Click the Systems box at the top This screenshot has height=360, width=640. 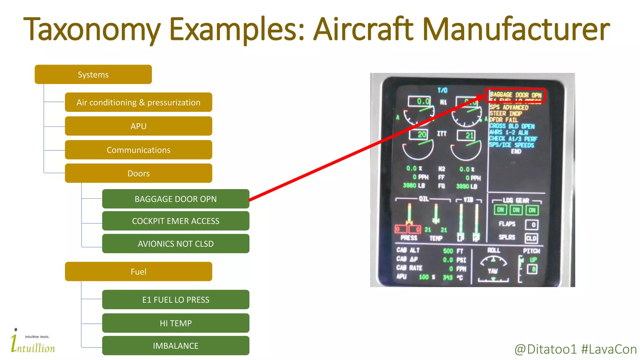(93, 74)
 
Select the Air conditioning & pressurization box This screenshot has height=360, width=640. (138, 102)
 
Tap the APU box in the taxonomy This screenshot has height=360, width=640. (138, 126)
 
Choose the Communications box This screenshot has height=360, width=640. (138, 150)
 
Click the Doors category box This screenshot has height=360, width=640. (138, 173)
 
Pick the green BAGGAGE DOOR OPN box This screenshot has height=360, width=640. (176, 199)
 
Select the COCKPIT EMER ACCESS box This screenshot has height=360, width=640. (176, 221)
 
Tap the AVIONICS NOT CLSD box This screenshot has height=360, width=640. (176, 243)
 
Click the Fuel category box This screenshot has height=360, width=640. (138, 272)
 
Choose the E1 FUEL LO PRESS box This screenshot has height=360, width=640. (176, 300)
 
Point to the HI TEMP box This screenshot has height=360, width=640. (176, 323)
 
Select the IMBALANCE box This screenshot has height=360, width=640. (176, 346)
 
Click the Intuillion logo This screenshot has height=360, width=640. (32, 343)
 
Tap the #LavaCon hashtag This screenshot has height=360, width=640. (609, 349)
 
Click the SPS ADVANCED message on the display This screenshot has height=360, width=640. (509, 107)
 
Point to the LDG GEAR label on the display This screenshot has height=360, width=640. (516, 200)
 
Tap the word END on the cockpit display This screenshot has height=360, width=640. (516, 152)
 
